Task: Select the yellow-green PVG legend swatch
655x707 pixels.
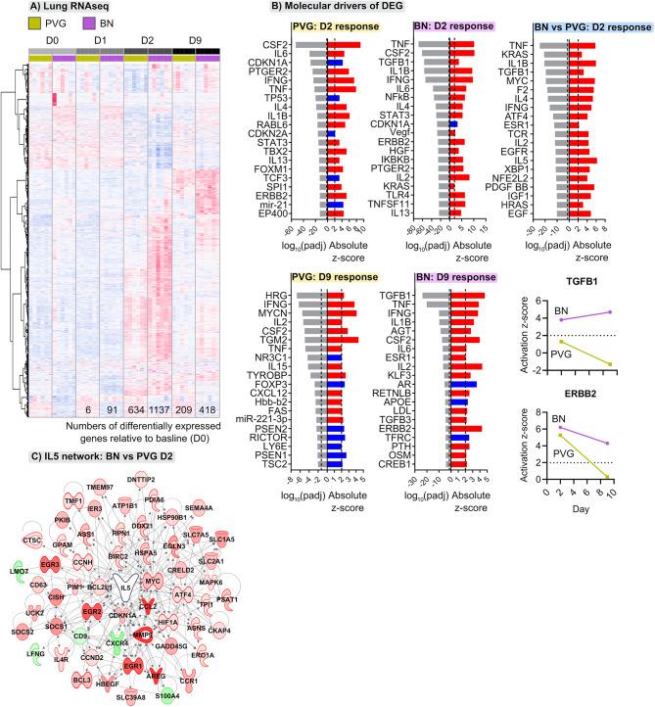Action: tap(12, 25)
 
